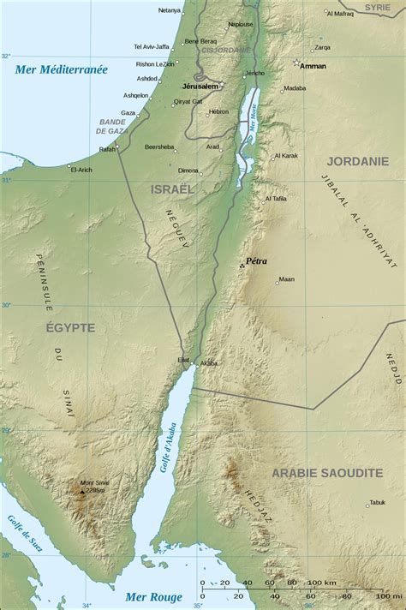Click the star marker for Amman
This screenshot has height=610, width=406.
(x=297, y=63)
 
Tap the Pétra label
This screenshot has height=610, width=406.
(x=256, y=260)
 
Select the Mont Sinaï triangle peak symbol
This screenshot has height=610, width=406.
(x=82, y=492)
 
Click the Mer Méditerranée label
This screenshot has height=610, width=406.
(x=61, y=69)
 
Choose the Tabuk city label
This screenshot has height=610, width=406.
(x=377, y=503)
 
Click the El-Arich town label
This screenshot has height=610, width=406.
(x=81, y=170)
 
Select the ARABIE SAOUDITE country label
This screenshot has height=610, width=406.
(x=327, y=473)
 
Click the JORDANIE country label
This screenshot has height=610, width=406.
(x=357, y=160)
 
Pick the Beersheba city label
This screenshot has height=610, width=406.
(x=159, y=147)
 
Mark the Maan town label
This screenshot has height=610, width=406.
(x=286, y=279)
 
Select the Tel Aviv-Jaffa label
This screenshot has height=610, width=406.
(x=152, y=46)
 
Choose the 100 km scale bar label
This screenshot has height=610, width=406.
(x=322, y=583)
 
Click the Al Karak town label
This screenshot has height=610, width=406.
(x=286, y=156)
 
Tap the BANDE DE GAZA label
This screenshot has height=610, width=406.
(x=112, y=126)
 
